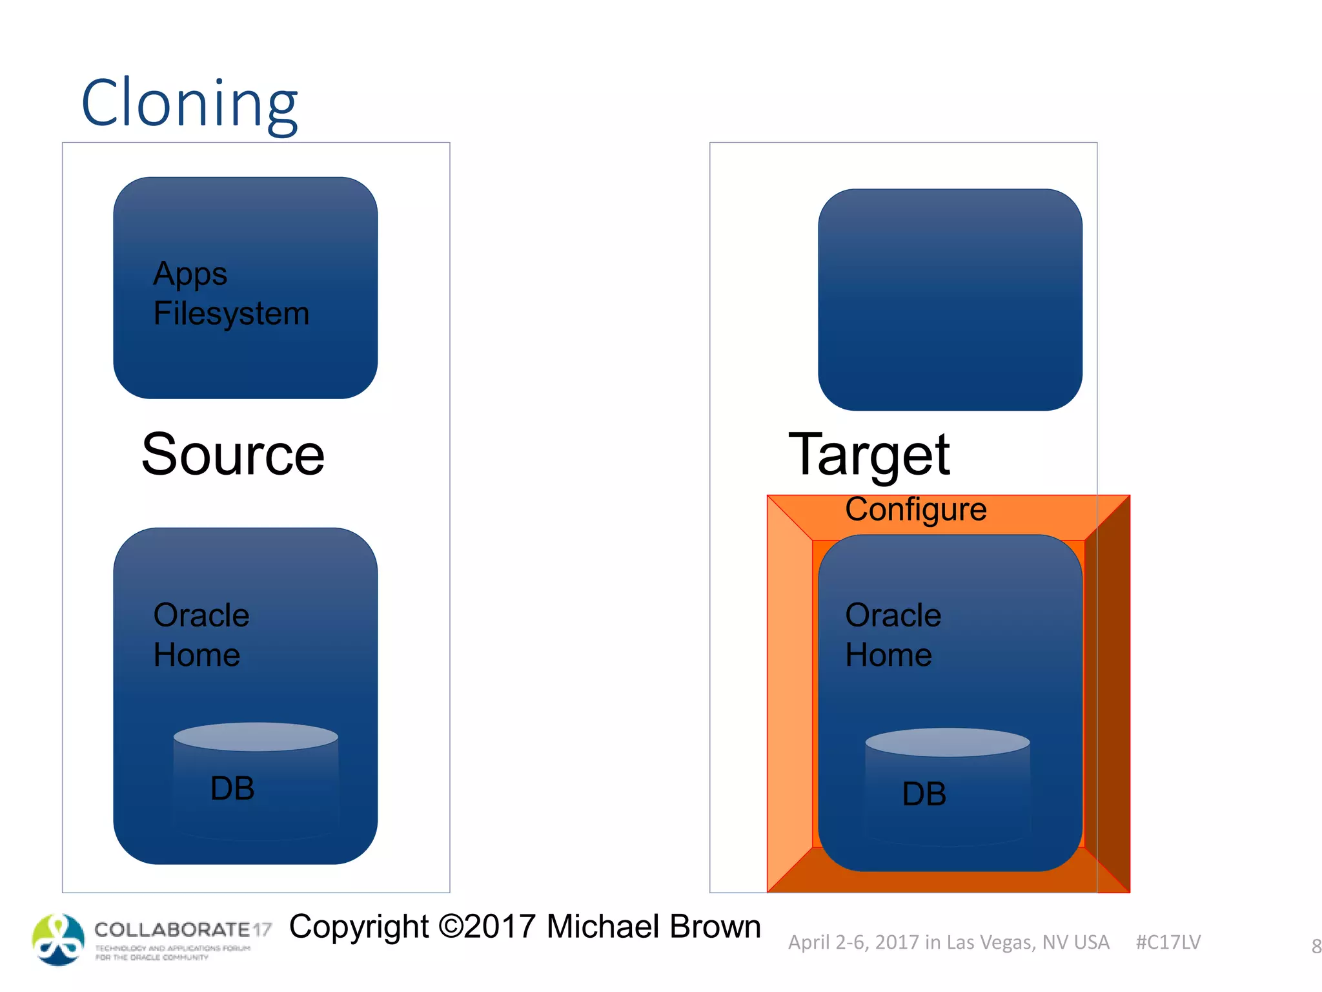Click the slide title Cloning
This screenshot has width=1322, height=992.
click(189, 103)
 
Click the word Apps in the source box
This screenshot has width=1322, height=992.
click(190, 274)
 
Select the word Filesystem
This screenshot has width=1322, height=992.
click(231, 314)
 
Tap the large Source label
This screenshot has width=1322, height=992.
click(232, 455)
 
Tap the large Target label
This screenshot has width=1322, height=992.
click(869, 455)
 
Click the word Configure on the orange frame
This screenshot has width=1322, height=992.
click(915, 510)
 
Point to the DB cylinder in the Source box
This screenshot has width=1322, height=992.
click(256, 781)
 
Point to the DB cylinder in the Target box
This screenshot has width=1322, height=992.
click(947, 788)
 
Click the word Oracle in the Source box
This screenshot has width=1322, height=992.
click(201, 615)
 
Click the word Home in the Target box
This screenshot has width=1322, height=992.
click(888, 656)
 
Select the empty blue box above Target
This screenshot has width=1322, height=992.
click(950, 300)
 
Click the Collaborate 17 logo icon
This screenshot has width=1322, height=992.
click(58, 940)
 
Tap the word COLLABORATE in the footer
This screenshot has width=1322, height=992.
click(172, 929)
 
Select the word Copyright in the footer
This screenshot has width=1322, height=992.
click(359, 927)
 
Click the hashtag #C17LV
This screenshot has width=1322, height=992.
click(1168, 942)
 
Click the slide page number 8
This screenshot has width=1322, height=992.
click(1316, 947)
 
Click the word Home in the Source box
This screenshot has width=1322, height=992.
click(197, 656)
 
